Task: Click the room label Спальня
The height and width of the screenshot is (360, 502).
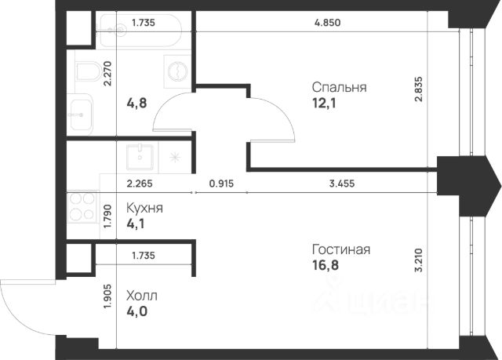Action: (x=340, y=87)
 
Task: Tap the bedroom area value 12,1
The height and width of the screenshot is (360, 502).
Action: (x=324, y=103)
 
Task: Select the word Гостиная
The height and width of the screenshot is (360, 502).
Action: (x=341, y=249)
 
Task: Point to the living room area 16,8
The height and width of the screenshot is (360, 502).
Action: (x=326, y=265)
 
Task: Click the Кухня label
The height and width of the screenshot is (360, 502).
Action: (x=144, y=208)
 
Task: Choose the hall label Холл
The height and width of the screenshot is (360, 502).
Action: (x=142, y=296)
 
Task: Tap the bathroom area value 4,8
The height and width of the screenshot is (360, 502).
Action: (x=136, y=103)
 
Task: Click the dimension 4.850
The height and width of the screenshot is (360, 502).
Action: (x=327, y=23)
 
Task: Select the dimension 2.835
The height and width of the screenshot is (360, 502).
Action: (x=419, y=89)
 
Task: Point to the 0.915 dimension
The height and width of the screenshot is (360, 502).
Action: (x=221, y=184)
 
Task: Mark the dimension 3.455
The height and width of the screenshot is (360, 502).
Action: (x=342, y=184)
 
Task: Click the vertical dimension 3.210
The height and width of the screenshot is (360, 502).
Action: (x=419, y=260)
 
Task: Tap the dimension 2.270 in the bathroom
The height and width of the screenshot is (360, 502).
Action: (x=108, y=74)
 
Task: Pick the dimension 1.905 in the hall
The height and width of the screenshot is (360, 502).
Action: (x=108, y=296)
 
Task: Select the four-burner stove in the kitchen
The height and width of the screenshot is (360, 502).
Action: (x=82, y=207)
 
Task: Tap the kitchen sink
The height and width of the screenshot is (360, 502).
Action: (x=140, y=157)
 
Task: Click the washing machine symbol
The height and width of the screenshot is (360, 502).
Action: (x=175, y=71)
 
